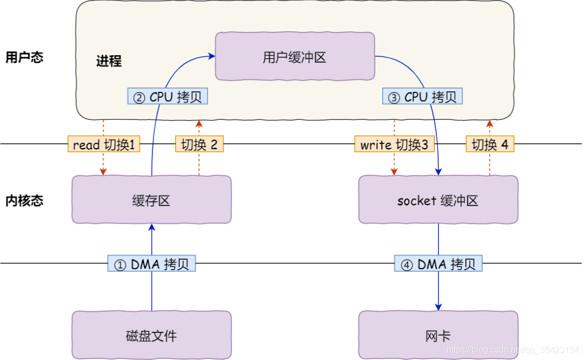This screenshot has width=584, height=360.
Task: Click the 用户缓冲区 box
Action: pyautogui.click(x=295, y=57)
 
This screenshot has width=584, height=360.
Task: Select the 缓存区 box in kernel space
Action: pyautogui.click(x=151, y=201)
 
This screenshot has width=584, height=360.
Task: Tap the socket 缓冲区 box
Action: pyautogui.click(x=438, y=201)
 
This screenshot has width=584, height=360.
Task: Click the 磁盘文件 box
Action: pyautogui.click(x=151, y=336)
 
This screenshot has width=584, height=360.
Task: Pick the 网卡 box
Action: pyautogui.click(x=438, y=336)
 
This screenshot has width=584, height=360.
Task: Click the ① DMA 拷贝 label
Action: pyautogui.click(x=151, y=264)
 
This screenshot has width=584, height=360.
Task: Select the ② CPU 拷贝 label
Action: pyautogui.click(x=168, y=97)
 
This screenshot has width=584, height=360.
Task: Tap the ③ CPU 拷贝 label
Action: pyautogui.click(x=422, y=97)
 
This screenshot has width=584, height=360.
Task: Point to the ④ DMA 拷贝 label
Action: pyautogui.click(x=438, y=264)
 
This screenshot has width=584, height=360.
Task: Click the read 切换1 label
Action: pyautogui.click(x=103, y=144)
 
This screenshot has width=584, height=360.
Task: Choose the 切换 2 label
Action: pyautogui.click(x=199, y=144)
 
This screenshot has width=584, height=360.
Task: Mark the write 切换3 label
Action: pyautogui.click(x=394, y=144)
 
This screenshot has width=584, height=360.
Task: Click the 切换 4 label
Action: pyautogui.click(x=490, y=144)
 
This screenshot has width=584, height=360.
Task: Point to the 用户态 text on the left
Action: pyautogui.click(x=24, y=57)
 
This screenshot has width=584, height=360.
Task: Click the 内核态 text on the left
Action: pyautogui.click(x=24, y=201)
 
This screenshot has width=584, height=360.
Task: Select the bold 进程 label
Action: pyautogui.click(x=109, y=61)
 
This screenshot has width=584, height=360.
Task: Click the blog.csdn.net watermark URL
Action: pyautogui.click(x=513, y=350)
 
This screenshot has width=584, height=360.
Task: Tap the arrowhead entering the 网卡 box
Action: pyautogui.click(x=438, y=306)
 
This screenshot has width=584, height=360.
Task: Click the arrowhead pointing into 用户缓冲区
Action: pyautogui.click(x=211, y=55)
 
